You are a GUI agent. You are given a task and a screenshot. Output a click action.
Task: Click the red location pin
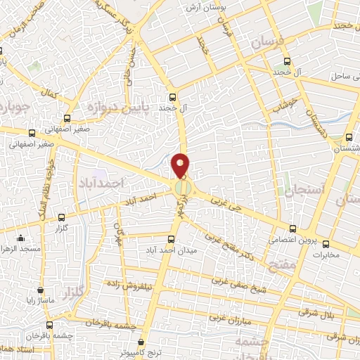click(x=181, y=165)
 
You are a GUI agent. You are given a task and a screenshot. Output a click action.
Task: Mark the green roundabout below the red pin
click(x=181, y=188)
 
